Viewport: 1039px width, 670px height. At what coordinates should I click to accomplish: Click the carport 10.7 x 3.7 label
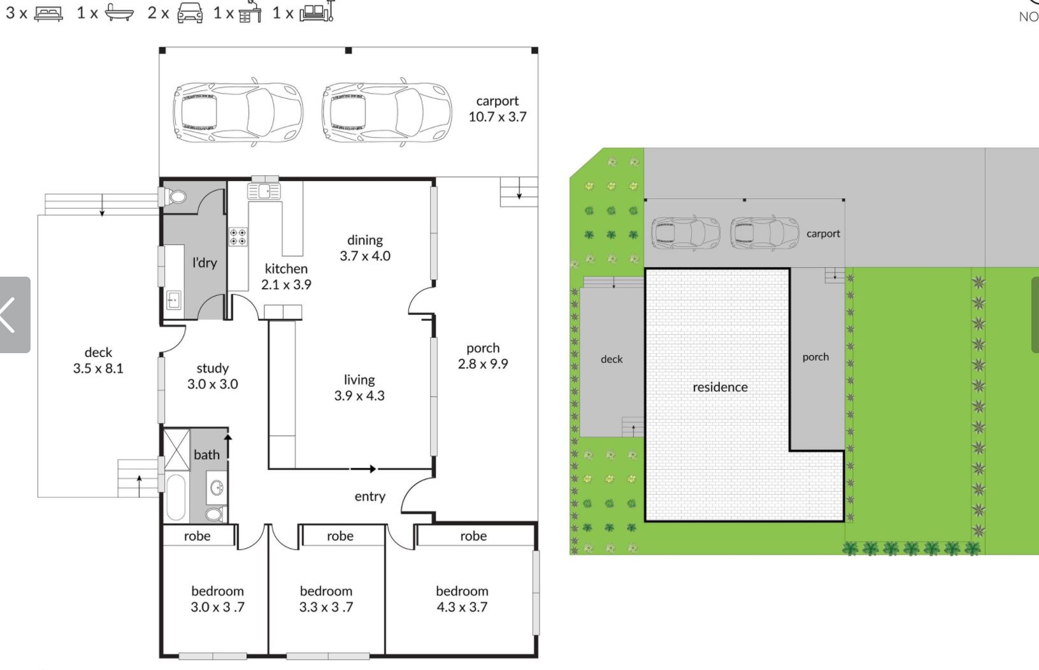pyautogui.click(x=498, y=109)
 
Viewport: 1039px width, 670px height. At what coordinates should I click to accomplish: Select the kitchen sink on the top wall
pyautogui.click(x=264, y=191)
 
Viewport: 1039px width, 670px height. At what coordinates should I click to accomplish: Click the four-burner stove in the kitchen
pyautogui.click(x=238, y=237)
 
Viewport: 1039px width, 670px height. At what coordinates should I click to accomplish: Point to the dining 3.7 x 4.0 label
pyautogui.click(x=365, y=248)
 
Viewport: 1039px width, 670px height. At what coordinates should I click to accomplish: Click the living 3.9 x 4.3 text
pyautogui.click(x=359, y=388)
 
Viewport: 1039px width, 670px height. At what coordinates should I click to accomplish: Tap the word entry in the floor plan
pyautogui.click(x=369, y=497)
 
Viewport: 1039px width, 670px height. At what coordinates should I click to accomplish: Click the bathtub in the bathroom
pyautogui.click(x=176, y=497)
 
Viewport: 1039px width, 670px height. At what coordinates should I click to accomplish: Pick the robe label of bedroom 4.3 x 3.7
pyautogui.click(x=473, y=536)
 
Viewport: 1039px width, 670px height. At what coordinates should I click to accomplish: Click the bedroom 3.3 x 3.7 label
pyautogui.click(x=326, y=599)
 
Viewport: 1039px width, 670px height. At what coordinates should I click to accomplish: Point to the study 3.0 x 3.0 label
pyautogui.click(x=213, y=376)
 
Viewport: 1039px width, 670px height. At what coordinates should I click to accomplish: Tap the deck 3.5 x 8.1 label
pyautogui.click(x=98, y=360)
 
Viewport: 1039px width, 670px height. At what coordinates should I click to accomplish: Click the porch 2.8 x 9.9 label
pyautogui.click(x=483, y=356)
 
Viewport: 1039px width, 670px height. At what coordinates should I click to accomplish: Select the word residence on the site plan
pyautogui.click(x=720, y=387)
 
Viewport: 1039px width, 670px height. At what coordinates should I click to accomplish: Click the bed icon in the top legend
pyautogui.click(x=48, y=13)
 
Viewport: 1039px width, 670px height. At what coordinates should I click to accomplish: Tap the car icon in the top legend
pyautogui.click(x=190, y=13)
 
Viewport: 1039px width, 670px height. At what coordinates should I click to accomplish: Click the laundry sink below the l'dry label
pyautogui.click(x=173, y=300)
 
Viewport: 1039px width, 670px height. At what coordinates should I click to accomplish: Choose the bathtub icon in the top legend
pyautogui.click(x=119, y=13)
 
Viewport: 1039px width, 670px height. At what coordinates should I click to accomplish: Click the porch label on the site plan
pyautogui.click(x=815, y=357)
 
